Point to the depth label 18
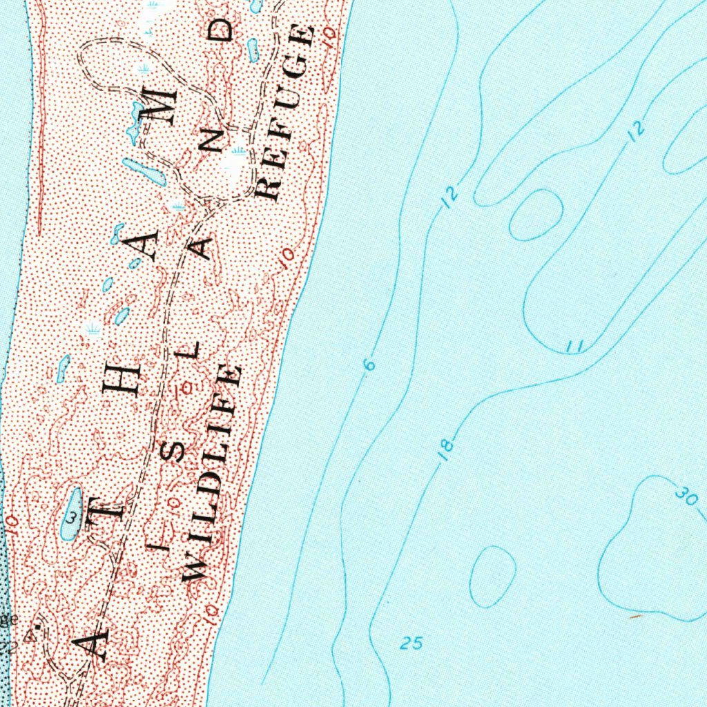click(x=447, y=449)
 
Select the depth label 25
click(x=411, y=644)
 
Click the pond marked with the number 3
click(x=71, y=514)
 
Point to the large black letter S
click(x=177, y=452)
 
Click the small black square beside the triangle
click(x=38, y=626)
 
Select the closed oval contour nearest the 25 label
click(x=492, y=577)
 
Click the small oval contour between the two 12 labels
click(x=536, y=215)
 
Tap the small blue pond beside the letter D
click(x=253, y=50)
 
